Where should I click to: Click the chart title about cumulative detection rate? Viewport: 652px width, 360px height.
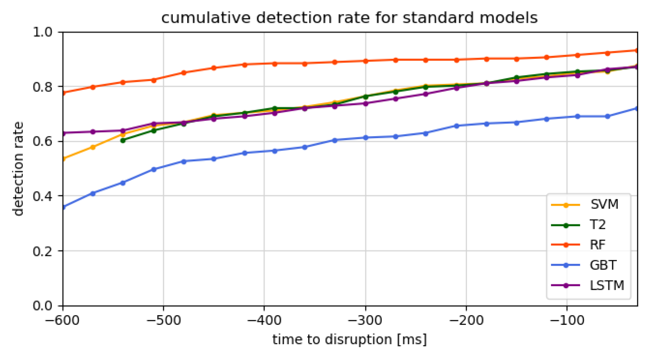coord(349,18)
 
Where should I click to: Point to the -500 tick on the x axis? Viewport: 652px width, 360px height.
coord(163,320)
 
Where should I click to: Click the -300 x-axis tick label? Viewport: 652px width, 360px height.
coord(365,320)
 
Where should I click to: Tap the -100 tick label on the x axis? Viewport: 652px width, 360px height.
coord(567,320)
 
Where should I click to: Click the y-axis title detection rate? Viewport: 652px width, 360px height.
coord(18,169)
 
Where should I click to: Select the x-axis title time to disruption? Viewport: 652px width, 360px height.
coord(349,340)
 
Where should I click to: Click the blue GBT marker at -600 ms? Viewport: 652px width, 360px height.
coord(63,207)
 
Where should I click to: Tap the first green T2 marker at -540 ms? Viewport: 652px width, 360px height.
coord(123,141)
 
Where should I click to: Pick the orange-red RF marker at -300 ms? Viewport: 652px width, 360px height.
coord(365,61)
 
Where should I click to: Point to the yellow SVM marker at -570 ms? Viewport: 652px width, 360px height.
coord(93,147)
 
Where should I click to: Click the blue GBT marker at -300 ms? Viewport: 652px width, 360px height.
coord(365,138)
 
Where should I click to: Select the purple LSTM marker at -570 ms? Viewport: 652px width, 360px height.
coord(93,132)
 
